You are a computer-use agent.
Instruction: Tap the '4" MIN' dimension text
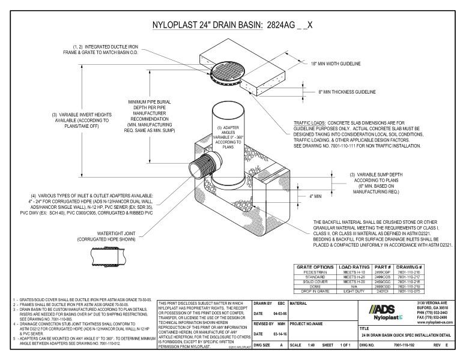coord(316,196)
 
